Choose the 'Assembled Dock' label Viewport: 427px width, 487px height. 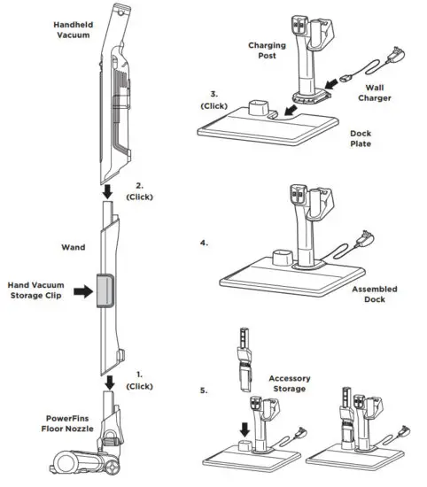coord(373,295)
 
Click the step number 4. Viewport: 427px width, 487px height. coord(206,239)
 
